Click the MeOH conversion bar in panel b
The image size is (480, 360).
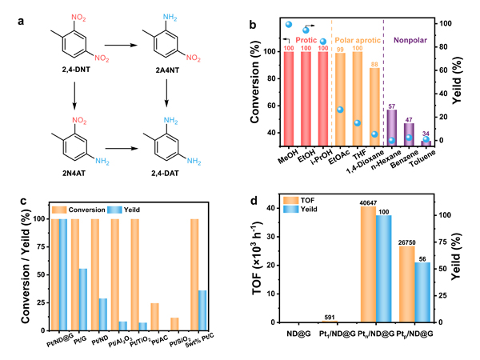point(288,96)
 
